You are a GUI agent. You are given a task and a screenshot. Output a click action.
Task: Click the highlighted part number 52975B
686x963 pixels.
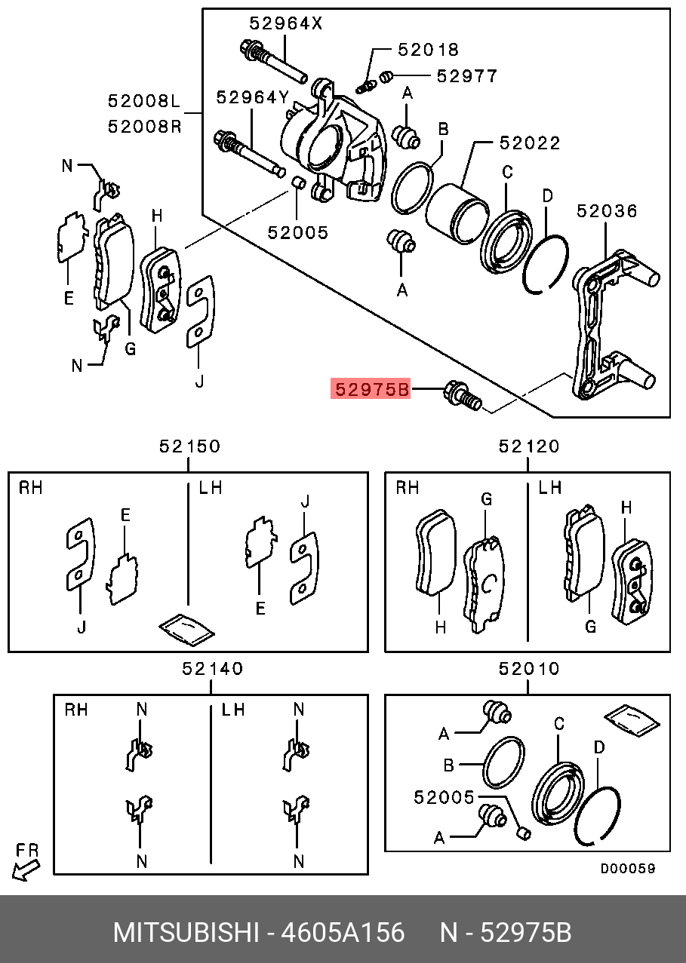371,390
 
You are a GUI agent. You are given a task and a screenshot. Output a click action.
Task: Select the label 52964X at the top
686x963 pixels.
286,23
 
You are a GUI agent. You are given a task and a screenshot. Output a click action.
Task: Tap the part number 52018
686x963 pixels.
428,51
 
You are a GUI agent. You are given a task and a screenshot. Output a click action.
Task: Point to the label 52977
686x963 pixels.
467,75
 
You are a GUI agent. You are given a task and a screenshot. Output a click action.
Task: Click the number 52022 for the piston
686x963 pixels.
529,143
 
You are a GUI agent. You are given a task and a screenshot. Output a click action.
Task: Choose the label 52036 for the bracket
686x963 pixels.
607,210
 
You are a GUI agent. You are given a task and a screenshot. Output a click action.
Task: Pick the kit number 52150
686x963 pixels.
189,446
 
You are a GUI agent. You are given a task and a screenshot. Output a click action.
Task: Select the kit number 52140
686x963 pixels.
212,668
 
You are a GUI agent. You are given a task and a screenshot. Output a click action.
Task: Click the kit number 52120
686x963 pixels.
529,446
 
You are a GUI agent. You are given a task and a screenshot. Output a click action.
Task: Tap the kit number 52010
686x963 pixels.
529,668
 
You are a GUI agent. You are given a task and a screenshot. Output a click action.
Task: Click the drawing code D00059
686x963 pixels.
627,868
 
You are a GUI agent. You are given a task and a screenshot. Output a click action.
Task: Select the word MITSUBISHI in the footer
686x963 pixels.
186,933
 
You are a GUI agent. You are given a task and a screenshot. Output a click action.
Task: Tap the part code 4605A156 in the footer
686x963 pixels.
343,933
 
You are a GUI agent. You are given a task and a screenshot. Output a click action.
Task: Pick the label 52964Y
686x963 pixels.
253,97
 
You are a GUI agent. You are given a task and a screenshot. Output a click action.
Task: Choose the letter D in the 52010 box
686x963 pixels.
599,747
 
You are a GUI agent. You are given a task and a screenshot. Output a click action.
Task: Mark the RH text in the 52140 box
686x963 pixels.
75,710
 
